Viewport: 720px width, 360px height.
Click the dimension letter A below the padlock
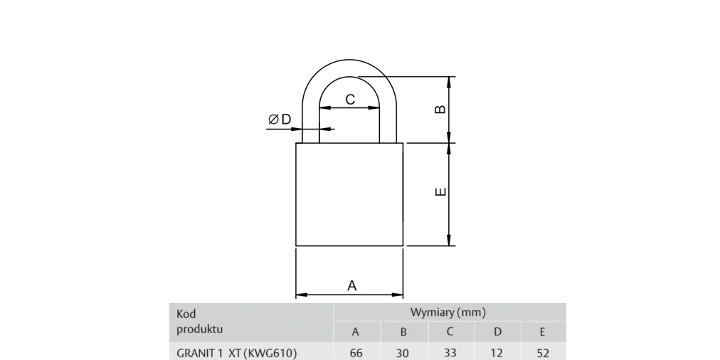(351, 285)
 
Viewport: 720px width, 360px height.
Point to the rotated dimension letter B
(440, 110)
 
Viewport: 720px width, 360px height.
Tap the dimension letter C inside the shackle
(350, 99)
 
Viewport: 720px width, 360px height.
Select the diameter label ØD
(280, 120)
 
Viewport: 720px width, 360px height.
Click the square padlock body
(349, 194)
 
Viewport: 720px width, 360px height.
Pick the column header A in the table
(356, 332)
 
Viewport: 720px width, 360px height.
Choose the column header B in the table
(403, 332)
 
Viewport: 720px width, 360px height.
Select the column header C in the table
(450, 332)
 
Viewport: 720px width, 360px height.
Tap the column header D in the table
(497, 332)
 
